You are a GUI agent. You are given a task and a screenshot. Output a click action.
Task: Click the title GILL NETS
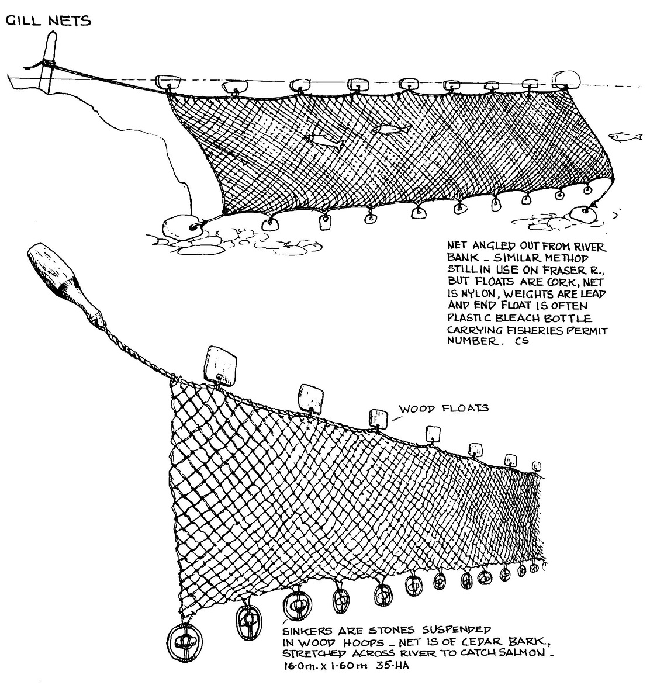[48, 20]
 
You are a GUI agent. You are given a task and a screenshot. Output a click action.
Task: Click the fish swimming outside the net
[626, 137]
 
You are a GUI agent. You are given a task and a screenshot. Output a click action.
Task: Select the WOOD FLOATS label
[444, 409]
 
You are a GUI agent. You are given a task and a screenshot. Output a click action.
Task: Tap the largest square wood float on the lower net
[220, 363]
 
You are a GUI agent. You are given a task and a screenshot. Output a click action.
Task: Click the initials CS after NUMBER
[522, 341]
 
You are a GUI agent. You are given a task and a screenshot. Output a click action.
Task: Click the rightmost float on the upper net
[566, 79]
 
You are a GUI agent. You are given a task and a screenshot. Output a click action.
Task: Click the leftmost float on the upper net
[168, 81]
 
